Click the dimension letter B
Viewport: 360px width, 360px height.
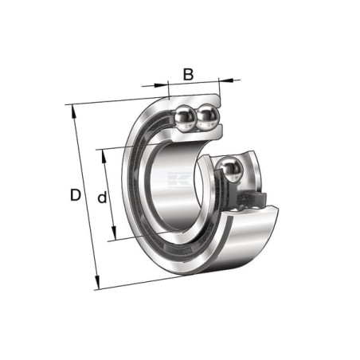tap(188, 74)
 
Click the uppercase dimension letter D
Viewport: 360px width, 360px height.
tap(76, 195)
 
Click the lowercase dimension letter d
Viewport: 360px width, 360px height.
tap(102, 197)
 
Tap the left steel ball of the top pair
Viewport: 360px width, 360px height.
tap(186, 117)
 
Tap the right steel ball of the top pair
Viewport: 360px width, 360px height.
tap(208, 116)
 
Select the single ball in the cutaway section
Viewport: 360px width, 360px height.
tap(229, 169)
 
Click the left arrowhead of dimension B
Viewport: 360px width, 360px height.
tap(162, 85)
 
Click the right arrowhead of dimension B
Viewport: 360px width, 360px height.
tap(225, 80)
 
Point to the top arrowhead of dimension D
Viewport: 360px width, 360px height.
tap(73, 112)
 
